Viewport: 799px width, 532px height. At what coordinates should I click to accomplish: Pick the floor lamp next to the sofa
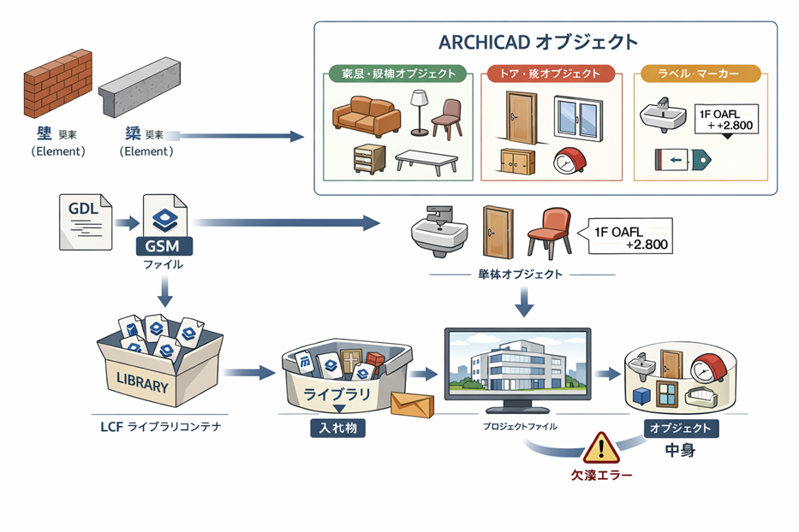(419, 111)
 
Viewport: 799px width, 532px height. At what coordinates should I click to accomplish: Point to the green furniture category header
(397, 74)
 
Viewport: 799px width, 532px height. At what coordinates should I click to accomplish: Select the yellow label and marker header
(701, 74)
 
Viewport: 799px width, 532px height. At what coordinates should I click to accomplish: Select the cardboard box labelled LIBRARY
(159, 369)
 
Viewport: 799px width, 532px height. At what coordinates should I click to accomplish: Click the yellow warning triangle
(602, 446)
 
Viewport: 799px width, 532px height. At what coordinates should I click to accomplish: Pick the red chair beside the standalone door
(546, 231)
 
